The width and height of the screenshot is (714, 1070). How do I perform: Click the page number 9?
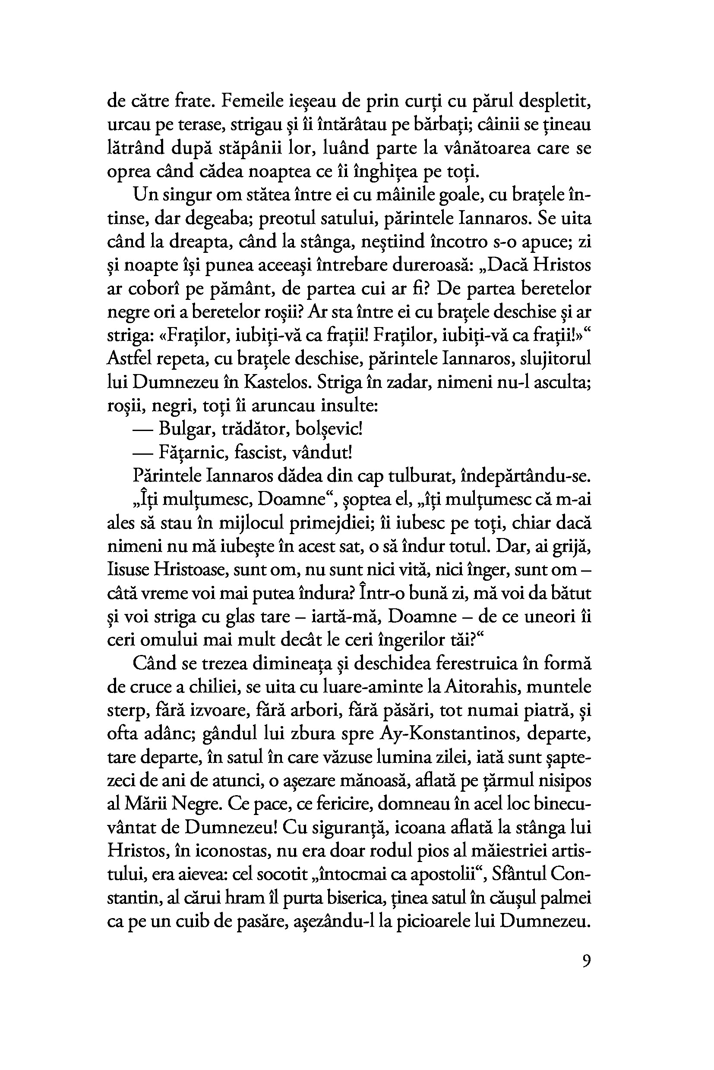click(586, 960)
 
